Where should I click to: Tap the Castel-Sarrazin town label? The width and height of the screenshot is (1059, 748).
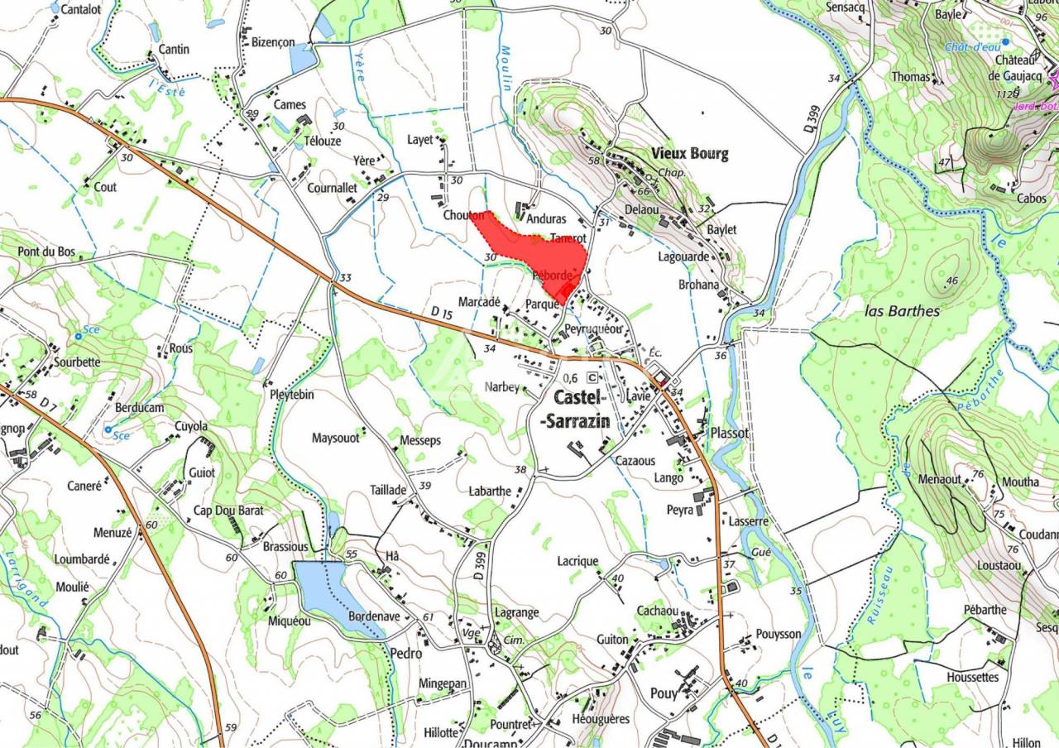pyautogui.click(x=577, y=409)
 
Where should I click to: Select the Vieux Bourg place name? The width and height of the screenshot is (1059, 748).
pyautogui.click(x=690, y=153)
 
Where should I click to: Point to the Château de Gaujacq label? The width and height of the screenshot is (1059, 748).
pyautogui.click(x=1016, y=68)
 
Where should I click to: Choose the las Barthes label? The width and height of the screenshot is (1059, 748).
pyautogui.click(x=902, y=311)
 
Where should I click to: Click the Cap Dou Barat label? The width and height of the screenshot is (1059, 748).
pyautogui.click(x=228, y=511)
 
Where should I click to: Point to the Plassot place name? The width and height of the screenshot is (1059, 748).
pyautogui.click(x=730, y=433)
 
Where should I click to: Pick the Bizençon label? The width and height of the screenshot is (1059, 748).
pyautogui.click(x=273, y=42)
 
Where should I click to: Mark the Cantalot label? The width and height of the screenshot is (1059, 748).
pyautogui.click(x=81, y=10)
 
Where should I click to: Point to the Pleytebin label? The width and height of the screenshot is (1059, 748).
pyautogui.click(x=291, y=395)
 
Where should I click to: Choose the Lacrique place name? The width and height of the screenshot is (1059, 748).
pyautogui.click(x=577, y=561)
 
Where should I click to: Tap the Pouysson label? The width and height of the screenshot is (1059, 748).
pyautogui.click(x=779, y=634)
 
